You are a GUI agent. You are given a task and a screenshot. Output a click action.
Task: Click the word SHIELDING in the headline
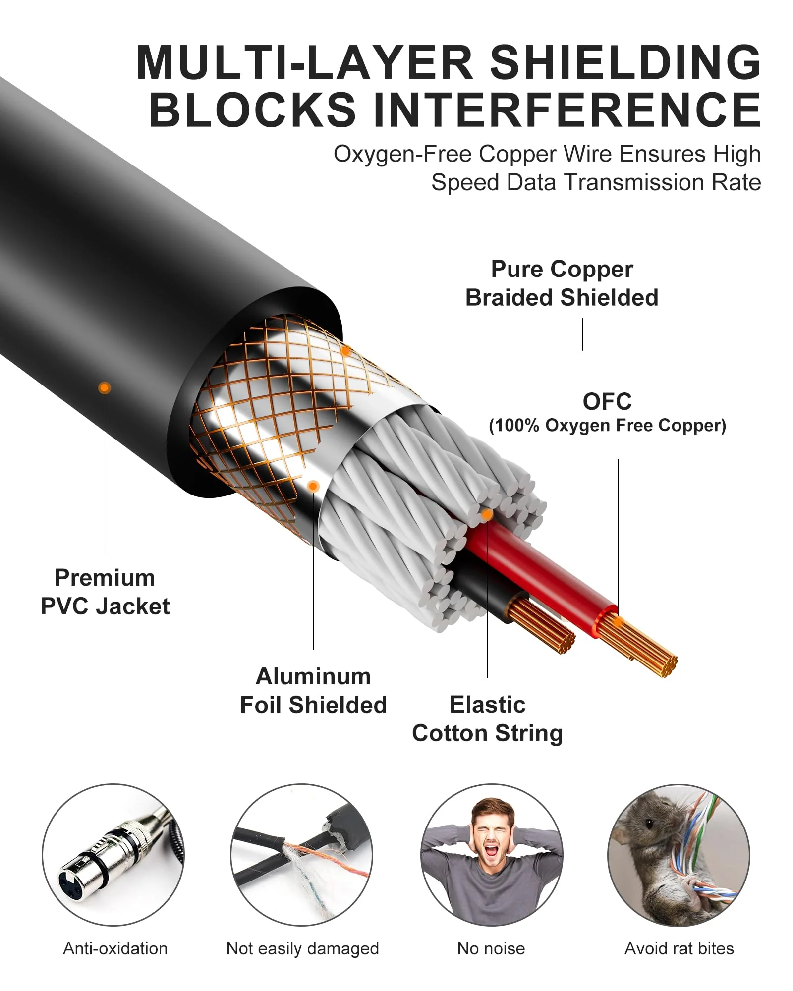click(625, 62)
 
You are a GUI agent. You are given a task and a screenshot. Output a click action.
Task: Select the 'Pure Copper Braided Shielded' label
click(562, 283)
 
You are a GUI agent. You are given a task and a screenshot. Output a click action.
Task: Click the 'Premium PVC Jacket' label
click(105, 592)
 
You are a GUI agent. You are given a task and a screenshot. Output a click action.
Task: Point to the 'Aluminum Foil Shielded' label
click(313, 691)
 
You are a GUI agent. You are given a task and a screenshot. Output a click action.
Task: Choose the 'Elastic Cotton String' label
click(488, 719)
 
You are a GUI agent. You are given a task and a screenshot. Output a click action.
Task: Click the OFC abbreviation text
click(607, 402)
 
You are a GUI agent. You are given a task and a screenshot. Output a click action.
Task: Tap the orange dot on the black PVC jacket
click(104, 387)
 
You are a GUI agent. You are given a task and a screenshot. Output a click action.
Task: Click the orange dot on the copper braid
click(346, 351)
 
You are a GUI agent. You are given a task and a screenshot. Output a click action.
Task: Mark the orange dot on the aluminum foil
click(313, 487)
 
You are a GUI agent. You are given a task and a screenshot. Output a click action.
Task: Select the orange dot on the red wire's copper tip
click(618, 622)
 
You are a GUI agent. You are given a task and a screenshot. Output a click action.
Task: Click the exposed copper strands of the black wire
click(542, 625)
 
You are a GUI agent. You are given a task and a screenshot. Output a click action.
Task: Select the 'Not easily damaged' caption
click(302, 949)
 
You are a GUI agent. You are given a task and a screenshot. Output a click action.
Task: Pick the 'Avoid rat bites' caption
click(679, 948)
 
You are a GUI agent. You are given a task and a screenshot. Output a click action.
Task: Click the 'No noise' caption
click(491, 948)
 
